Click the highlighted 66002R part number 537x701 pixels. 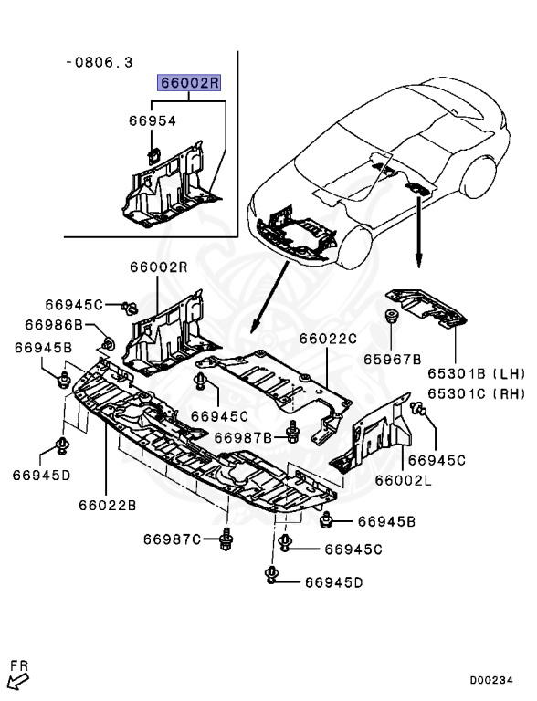(190, 83)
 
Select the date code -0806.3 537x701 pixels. (100, 62)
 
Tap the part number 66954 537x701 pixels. (152, 120)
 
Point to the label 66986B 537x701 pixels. (54, 325)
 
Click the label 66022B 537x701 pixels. (106, 504)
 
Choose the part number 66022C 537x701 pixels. (328, 339)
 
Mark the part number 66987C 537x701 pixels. (172, 539)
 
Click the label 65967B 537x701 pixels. (395, 360)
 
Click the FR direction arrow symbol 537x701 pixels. (19, 675)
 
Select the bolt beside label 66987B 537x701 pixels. (293, 431)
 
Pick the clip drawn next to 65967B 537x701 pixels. (391, 319)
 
